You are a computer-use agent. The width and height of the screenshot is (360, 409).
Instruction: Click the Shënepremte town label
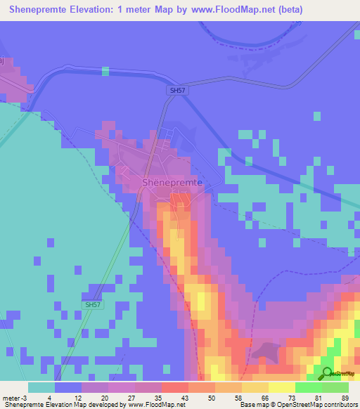pos(172,182)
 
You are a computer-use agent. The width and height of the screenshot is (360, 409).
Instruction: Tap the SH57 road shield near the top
pos(178,91)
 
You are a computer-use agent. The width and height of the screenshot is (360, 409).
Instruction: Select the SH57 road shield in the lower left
pos(92,304)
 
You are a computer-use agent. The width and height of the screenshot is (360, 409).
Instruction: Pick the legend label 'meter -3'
pos(15,398)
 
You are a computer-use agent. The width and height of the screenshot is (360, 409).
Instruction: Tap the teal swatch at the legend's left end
pos(41,387)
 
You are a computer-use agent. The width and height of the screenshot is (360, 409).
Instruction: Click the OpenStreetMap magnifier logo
pos(327,373)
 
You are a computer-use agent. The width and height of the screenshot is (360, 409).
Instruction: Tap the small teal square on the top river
pos(105,70)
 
